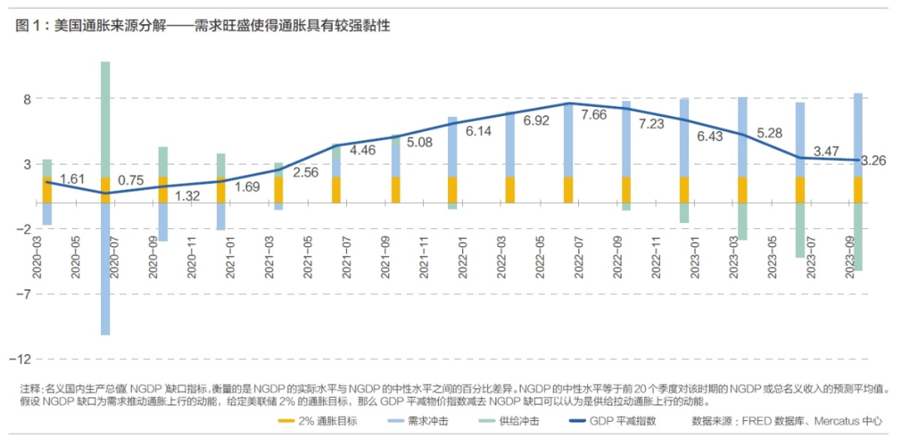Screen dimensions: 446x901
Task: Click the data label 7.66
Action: (594, 114)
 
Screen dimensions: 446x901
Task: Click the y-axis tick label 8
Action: (27, 99)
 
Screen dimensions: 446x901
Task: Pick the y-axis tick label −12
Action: (22, 358)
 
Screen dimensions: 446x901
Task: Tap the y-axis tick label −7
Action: (23, 294)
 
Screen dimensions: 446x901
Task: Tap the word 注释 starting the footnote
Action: (30, 389)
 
